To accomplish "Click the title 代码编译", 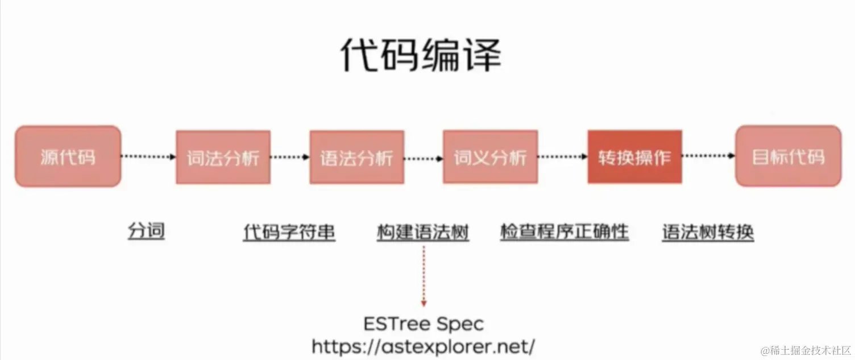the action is (421, 56).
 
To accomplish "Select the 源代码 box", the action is (68, 156).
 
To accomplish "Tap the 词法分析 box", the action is (223, 157).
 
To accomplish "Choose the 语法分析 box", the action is (356, 157).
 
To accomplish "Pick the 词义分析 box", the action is (490, 157).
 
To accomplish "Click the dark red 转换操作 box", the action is (634, 157).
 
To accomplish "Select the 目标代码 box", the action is (788, 156).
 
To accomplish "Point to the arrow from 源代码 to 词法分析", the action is (149, 156).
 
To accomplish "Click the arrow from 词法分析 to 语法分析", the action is (290, 157).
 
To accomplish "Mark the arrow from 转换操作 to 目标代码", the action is (708, 156).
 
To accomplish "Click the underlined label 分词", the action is (146, 231).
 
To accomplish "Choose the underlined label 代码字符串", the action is (289, 232).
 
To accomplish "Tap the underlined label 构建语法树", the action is (423, 232).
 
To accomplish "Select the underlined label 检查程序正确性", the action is (565, 231).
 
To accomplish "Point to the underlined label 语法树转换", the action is (708, 232).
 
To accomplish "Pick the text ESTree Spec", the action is (424, 324).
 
